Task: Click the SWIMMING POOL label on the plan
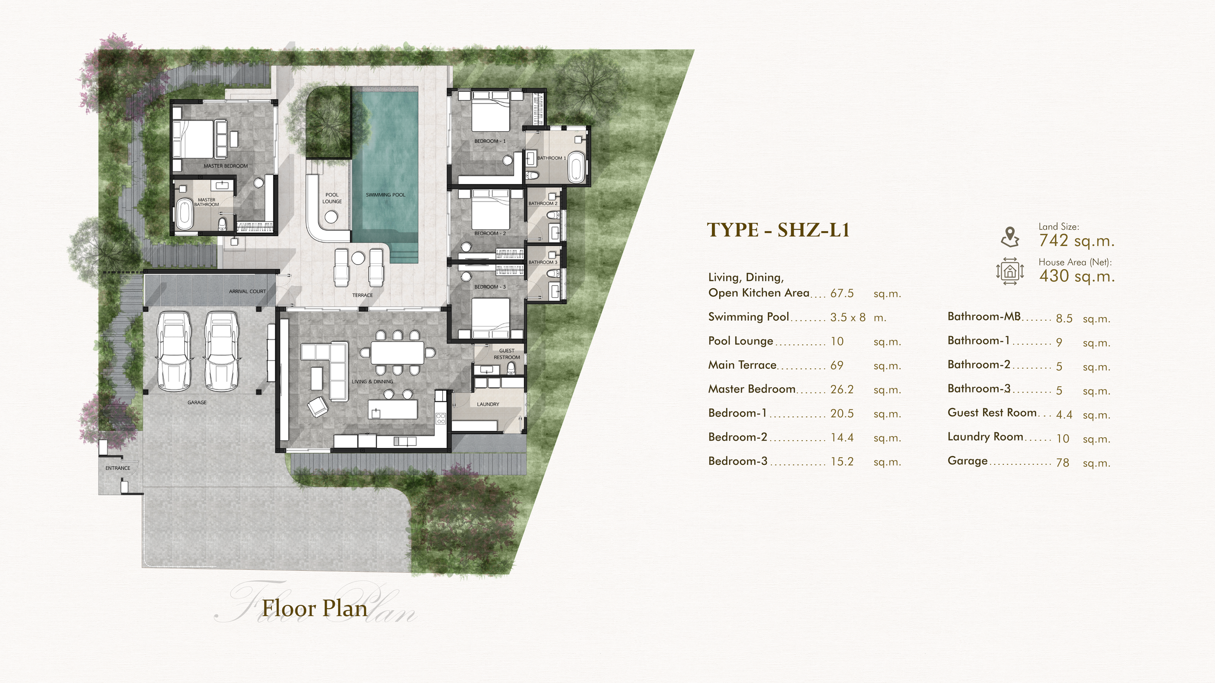[x=385, y=195]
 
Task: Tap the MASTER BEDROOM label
[x=226, y=166]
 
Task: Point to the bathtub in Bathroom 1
[x=577, y=167]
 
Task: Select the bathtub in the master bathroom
[x=184, y=214]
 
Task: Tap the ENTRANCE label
[x=118, y=468]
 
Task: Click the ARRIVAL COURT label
[x=247, y=291]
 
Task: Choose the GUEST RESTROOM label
[x=507, y=354]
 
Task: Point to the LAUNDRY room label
[x=488, y=404]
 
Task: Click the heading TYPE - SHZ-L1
[x=778, y=230]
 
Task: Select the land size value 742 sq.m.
[x=1076, y=240]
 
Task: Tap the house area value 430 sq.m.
[x=1076, y=276]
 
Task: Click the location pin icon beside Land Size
[x=1009, y=237]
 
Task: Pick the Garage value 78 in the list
[x=1062, y=462]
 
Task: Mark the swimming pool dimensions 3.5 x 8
[x=848, y=318]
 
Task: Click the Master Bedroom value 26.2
[x=842, y=390]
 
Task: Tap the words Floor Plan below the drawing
[x=315, y=608]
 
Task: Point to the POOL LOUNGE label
[x=332, y=198]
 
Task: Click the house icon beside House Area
[x=1009, y=271]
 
